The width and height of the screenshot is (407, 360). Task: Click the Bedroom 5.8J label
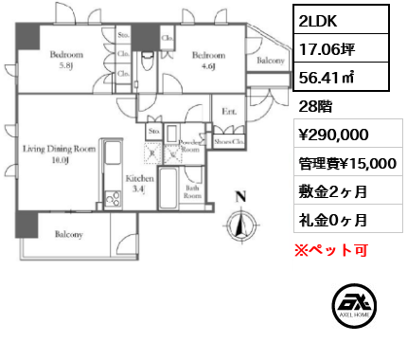point(67,59)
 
